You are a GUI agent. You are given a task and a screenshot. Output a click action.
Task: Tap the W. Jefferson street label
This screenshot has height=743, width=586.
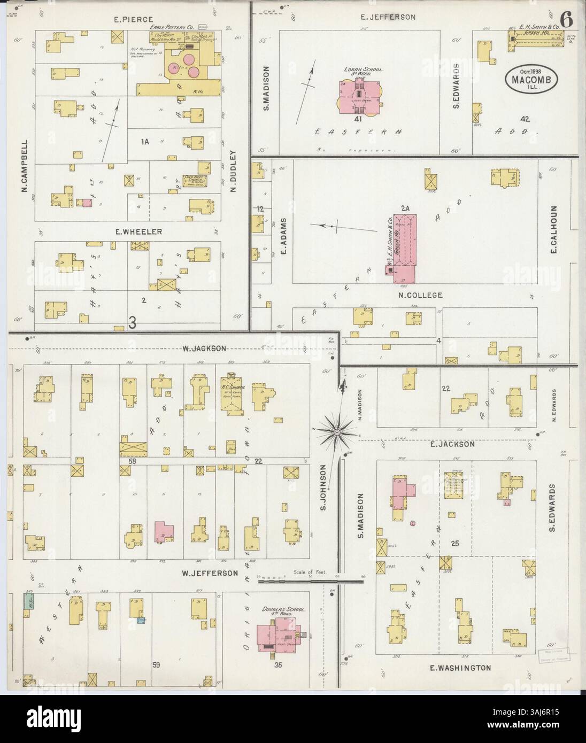click(x=209, y=573)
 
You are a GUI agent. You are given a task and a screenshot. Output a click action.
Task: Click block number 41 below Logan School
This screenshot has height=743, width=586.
click(x=358, y=119)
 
